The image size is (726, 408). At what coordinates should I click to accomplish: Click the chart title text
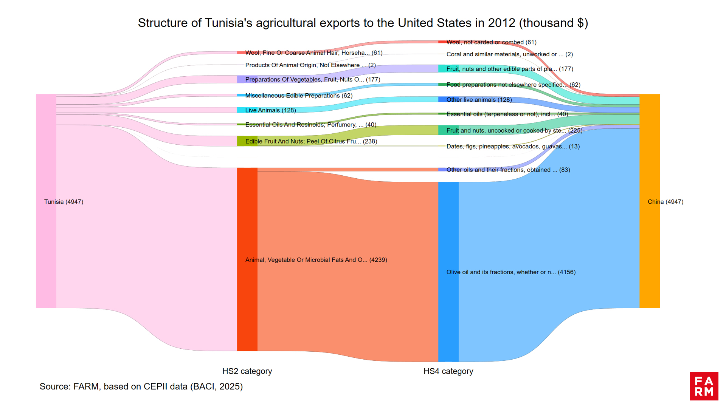[363, 23]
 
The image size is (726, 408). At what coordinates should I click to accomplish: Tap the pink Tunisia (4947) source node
[46, 201]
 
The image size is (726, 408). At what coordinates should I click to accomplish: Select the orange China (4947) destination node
[649, 201]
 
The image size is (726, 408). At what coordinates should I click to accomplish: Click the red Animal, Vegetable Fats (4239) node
[247, 259]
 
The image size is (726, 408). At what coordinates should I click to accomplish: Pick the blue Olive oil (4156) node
[448, 272]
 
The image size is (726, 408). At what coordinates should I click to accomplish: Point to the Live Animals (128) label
[270, 110]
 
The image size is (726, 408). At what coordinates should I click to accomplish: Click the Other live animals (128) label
[479, 100]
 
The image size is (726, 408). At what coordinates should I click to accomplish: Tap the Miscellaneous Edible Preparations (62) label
[299, 96]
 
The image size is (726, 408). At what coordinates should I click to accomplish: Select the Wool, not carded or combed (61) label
[491, 42]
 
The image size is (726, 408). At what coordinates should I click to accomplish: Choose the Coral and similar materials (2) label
[509, 54]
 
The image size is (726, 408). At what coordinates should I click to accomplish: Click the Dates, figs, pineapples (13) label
[513, 146]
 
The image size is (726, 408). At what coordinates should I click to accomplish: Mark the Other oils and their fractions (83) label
[508, 170]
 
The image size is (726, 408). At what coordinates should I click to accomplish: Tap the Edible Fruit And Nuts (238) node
[247, 141]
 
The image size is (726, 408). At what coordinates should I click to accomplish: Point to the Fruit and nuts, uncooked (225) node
[448, 130]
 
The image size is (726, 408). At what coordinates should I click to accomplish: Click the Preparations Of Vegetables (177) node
[247, 79]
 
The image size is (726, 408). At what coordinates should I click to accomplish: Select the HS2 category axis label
[247, 371]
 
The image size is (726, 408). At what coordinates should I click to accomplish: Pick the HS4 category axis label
[448, 371]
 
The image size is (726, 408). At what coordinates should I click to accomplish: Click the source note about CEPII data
[141, 386]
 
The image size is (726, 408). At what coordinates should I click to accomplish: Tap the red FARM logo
[704, 386]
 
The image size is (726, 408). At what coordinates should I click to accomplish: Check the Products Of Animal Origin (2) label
[310, 65]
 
